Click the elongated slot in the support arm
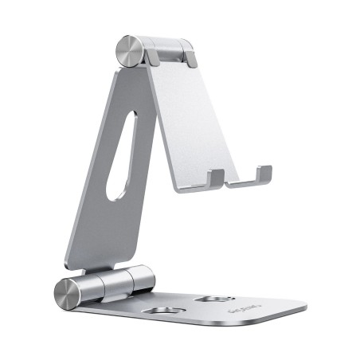(x=122, y=159)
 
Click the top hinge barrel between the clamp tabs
(x=168, y=49)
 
